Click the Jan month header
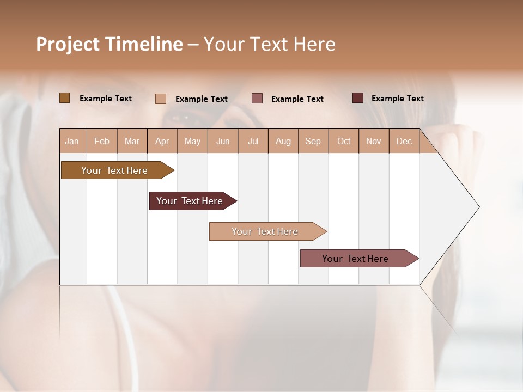click(x=72, y=141)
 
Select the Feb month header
click(x=102, y=141)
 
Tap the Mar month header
click(x=132, y=141)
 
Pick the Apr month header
click(x=162, y=141)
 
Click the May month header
click(x=192, y=141)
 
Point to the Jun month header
click(x=223, y=141)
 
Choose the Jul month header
click(x=253, y=141)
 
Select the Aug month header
click(x=283, y=141)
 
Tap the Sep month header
click(x=313, y=141)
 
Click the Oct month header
click(x=344, y=141)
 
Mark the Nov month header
click(x=374, y=141)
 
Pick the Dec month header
click(x=404, y=141)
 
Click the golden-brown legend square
click(x=64, y=98)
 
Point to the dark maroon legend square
click(x=358, y=98)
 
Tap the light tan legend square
click(x=161, y=99)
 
